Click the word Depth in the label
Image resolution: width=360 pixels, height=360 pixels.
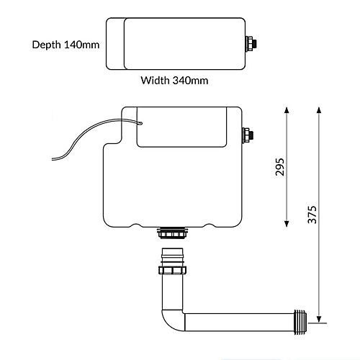(x=47, y=45)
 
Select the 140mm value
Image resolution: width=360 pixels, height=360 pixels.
(x=81, y=45)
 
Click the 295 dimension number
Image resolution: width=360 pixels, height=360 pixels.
(x=281, y=166)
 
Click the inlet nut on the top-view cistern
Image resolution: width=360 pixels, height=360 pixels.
(x=249, y=42)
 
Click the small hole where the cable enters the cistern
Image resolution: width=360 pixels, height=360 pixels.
(x=141, y=124)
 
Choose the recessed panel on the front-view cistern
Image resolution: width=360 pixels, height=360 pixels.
(x=184, y=132)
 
